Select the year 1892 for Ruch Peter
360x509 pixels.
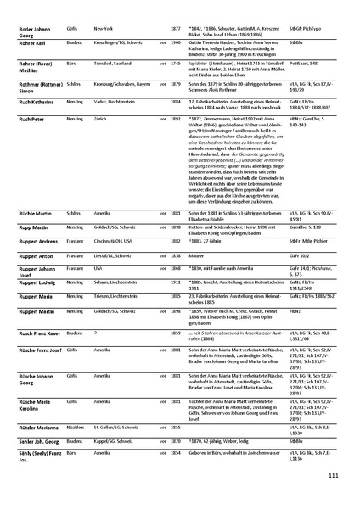click(176, 120)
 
